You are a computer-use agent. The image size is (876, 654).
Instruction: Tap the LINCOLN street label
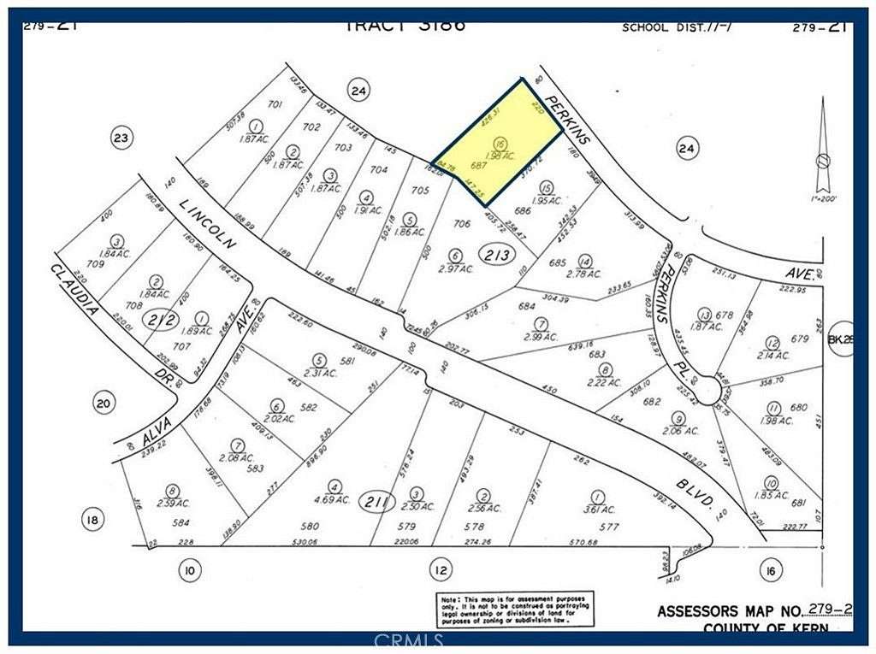(210, 221)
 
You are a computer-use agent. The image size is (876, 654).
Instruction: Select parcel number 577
(608, 527)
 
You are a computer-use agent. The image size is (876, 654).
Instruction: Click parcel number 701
(275, 105)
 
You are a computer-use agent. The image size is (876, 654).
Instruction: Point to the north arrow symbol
(821, 145)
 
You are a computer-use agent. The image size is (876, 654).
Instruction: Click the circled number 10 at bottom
(191, 569)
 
